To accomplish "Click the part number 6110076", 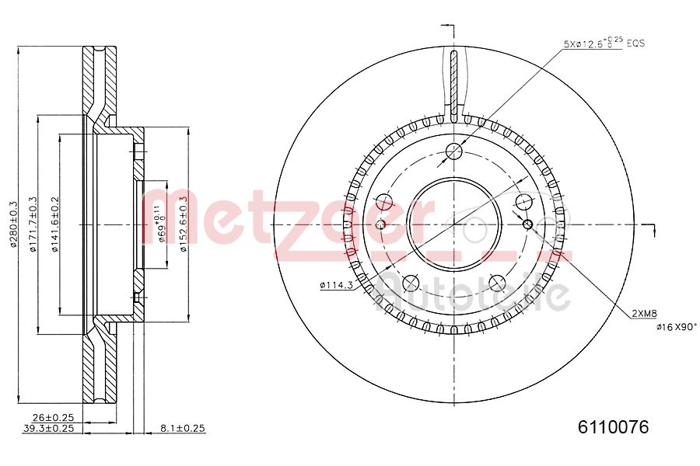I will click(x=612, y=426).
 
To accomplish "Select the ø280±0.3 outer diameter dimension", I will click(x=13, y=224).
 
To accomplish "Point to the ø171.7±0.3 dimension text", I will click(x=33, y=224).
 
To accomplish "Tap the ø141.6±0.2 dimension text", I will click(x=54, y=224).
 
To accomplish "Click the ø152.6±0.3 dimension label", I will click(x=184, y=224).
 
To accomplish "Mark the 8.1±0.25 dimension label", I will click(x=181, y=428).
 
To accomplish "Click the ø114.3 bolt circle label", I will click(x=336, y=286).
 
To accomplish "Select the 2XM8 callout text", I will click(x=646, y=314).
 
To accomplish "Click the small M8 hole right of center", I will click(x=529, y=224).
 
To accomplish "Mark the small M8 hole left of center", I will click(x=380, y=224).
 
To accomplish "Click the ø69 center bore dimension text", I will click(x=162, y=224).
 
